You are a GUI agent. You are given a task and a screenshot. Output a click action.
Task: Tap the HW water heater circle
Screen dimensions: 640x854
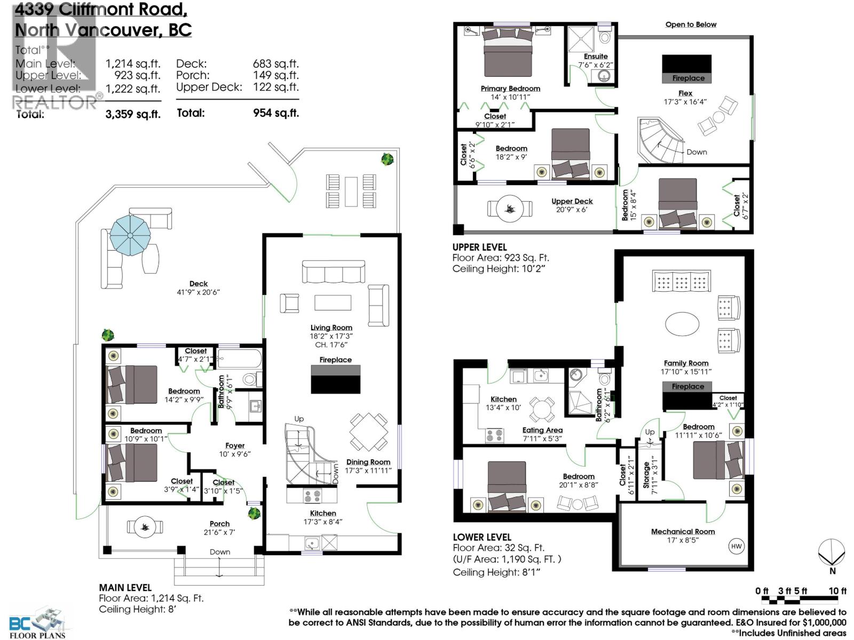tap(736, 546)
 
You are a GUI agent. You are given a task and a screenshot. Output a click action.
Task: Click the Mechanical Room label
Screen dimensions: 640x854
tap(683, 531)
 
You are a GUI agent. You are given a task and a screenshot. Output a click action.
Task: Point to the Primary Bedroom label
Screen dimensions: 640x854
tap(510, 89)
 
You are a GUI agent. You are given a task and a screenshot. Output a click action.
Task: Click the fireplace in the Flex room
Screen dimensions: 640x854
tap(686, 68)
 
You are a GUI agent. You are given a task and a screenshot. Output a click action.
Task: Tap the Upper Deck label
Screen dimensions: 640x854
tap(572, 201)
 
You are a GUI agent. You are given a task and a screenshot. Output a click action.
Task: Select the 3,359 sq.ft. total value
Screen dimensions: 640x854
tap(133, 114)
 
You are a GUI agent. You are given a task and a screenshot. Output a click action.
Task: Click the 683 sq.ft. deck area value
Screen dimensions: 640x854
tap(275, 63)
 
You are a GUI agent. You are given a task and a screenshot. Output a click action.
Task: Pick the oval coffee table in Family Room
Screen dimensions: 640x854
tap(682, 323)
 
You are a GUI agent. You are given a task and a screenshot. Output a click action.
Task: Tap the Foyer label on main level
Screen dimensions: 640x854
tap(235, 445)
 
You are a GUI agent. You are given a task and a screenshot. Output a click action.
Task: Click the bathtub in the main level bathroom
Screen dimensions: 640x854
tap(240, 358)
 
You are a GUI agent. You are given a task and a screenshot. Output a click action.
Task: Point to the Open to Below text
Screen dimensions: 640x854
tap(691, 25)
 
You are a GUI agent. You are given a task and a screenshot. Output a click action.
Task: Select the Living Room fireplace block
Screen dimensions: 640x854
tap(335, 379)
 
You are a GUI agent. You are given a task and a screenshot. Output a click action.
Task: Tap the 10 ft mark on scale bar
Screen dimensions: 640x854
tap(837, 591)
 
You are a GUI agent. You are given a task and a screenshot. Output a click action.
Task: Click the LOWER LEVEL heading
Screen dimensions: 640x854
tap(482, 537)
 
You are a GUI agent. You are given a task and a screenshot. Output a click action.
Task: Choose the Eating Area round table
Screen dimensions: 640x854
tap(542, 410)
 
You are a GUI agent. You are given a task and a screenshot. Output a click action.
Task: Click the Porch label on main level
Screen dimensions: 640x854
tap(219, 524)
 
